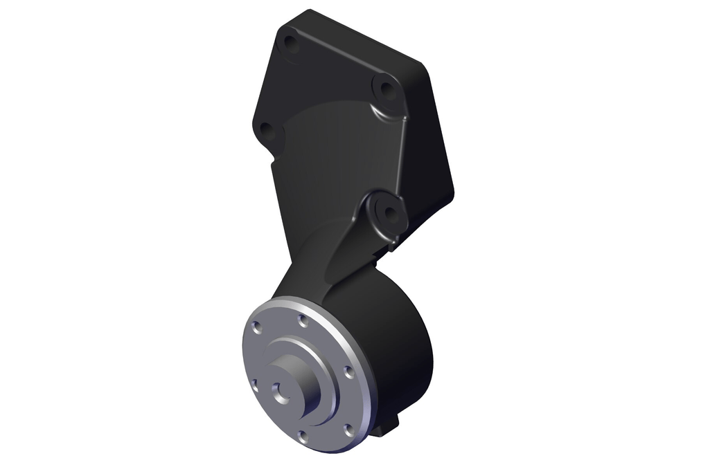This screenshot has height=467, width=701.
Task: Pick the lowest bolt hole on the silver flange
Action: click(x=303, y=436)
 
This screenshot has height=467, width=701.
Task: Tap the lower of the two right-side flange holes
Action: click(x=348, y=430)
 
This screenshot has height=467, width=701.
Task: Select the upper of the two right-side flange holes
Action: click(x=348, y=372)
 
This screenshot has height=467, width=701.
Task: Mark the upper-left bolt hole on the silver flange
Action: click(x=257, y=327)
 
